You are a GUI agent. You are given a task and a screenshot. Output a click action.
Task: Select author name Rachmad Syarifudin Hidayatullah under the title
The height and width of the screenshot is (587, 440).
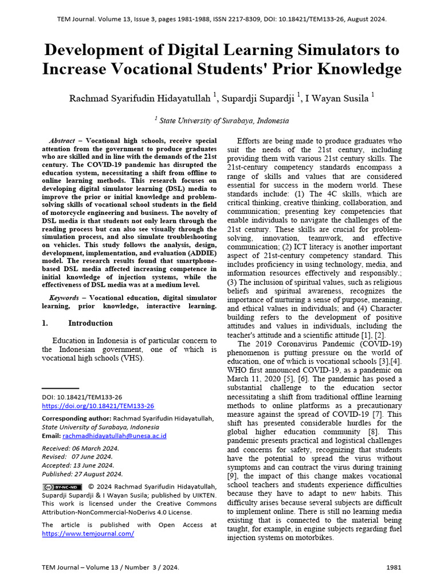point(140,98)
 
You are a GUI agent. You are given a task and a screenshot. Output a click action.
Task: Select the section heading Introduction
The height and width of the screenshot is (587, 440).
point(91,323)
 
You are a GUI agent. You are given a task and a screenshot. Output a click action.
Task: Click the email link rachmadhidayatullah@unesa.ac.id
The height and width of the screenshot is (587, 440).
point(115,436)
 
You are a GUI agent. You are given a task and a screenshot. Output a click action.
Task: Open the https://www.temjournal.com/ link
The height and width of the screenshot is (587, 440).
point(88,533)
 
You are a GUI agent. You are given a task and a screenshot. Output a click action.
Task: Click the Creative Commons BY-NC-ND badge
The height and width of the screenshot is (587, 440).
point(62,487)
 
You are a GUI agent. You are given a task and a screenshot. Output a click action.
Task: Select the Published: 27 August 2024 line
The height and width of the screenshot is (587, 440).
point(82,474)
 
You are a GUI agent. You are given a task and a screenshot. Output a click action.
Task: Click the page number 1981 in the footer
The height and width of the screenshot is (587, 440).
point(394,568)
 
